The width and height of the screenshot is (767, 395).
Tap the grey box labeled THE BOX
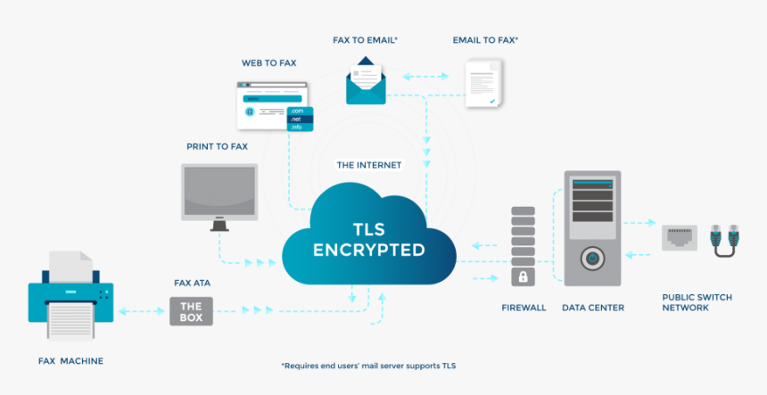pyautogui.click(x=192, y=311)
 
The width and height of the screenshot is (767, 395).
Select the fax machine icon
pyautogui.click(x=71, y=294)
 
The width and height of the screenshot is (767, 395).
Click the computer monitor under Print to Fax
pyautogui.click(x=219, y=194)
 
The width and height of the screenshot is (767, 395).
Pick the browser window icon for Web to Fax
pyautogui.click(x=272, y=106)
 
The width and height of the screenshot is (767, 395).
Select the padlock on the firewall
pyautogui.click(x=524, y=276)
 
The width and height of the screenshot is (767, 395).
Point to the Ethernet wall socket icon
pyautogui.click(x=680, y=238)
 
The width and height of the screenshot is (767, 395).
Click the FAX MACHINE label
pyautogui.click(x=70, y=361)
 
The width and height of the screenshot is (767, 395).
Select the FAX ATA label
pyautogui.click(x=192, y=283)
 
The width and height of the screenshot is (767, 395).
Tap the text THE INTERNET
pyautogui.click(x=368, y=165)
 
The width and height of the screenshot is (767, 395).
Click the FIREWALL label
pyautogui.click(x=524, y=308)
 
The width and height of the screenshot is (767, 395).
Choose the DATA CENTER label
pyautogui.click(x=593, y=308)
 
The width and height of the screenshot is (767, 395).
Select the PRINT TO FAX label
pyautogui.click(x=217, y=145)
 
